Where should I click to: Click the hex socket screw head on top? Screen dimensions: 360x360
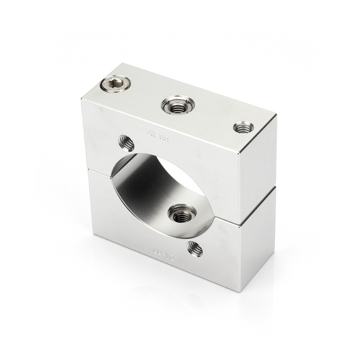[115, 85]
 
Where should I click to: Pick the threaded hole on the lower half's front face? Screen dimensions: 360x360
[195, 248]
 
